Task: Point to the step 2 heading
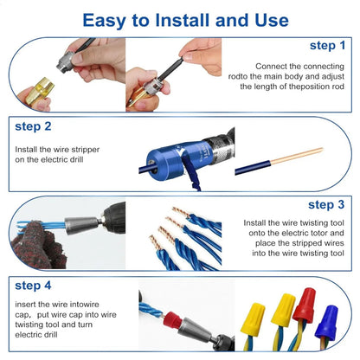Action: point(34,125)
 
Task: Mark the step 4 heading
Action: point(34,285)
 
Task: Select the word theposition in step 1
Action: point(305,88)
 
